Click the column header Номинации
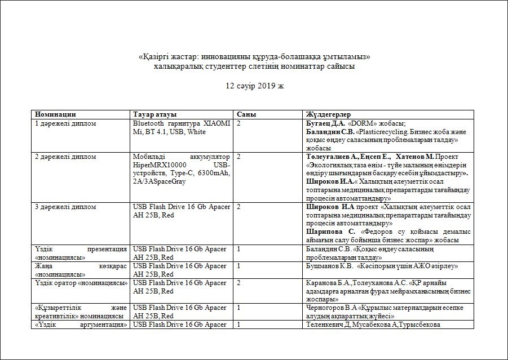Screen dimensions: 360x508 pyautogui.click(x=55, y=114)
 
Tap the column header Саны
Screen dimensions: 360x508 pyautogui.click(x=246, y=114)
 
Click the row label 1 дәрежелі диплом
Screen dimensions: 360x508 pyautogui.click(x=66, y=123)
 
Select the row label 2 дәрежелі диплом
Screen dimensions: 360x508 pyautogui.click(x=66, y=156)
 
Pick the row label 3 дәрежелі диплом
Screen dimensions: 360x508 pyautogui.click(x=66, y=207)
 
